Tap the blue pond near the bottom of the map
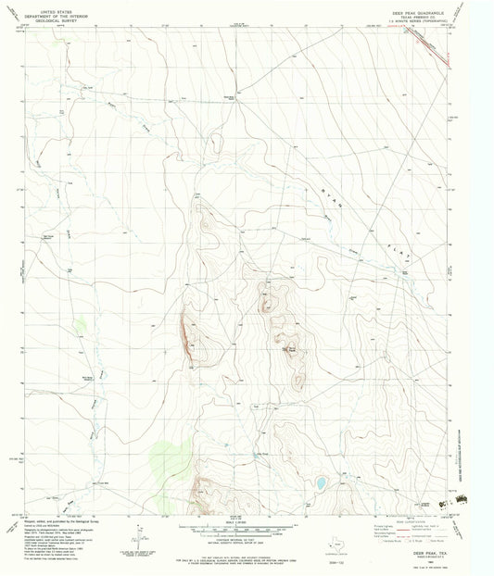319,482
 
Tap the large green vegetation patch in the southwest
163,454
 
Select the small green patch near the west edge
81,325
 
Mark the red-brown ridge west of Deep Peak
188,333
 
